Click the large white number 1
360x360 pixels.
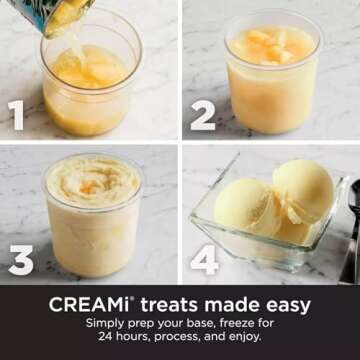[x=16, y=115]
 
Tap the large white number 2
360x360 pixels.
[x=203, y=115]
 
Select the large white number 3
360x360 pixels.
[x=21, y=260]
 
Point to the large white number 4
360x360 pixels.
[x=204, y=260]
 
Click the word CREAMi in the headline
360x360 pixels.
[x=89, y=305]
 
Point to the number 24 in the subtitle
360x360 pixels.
[x=105, y=337]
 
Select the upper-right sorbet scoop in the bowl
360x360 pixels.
[x=304, y=191]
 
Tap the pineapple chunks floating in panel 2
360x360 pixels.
[x=271, y=46]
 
